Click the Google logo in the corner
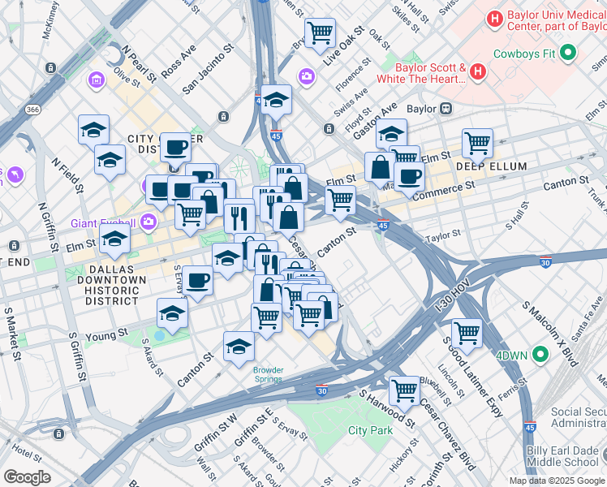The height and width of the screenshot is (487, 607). click(27, 477)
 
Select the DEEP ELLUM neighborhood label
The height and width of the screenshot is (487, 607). click(491, 167)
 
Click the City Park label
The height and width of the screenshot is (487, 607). click(369, 430)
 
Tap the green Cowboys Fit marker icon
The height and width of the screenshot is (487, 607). click(568, 54)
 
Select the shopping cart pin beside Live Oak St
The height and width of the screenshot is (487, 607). click(320, 33)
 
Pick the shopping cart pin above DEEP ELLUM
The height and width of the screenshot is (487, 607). click(477, 144)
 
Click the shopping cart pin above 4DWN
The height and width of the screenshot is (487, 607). click(467, 332)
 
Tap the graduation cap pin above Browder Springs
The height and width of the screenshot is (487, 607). click(239, 347)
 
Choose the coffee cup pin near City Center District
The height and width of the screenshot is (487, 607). click(175, 148)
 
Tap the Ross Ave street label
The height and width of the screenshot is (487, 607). click(178, 62)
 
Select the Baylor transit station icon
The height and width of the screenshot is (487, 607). click(446, 108)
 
